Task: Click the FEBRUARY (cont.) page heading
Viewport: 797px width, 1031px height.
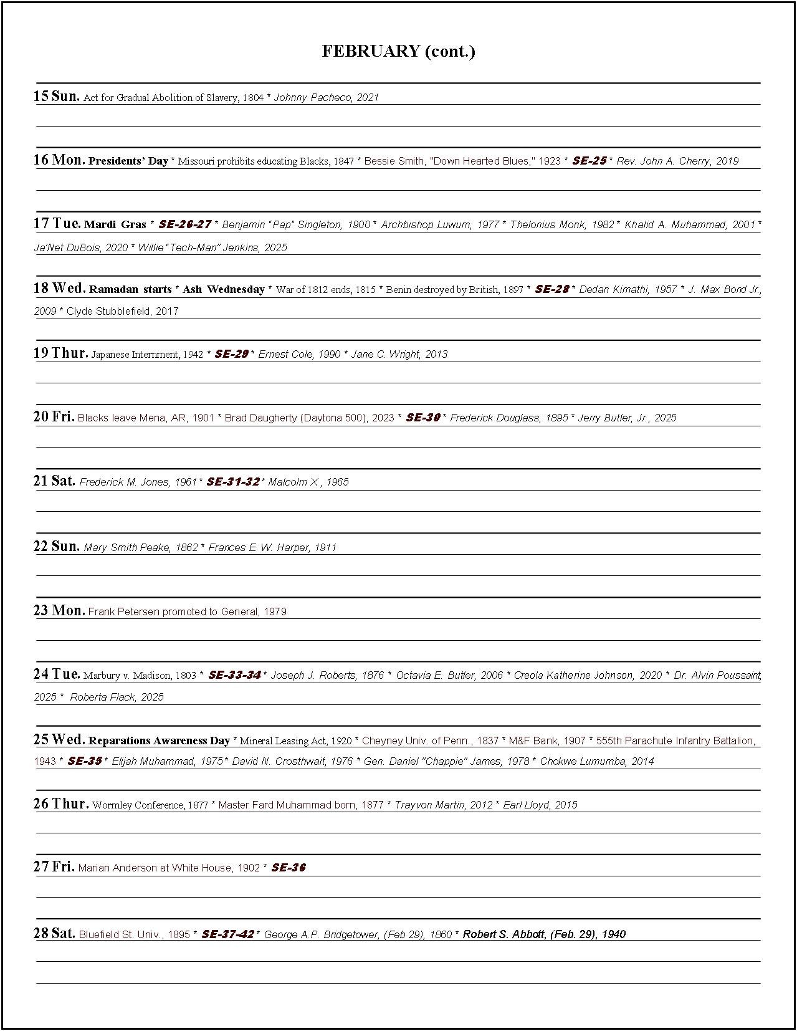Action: [398, 51]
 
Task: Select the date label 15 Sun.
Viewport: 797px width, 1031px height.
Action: [56, 96]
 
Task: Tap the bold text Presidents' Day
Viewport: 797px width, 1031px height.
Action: [128, 161]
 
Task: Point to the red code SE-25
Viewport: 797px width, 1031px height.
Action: [589, 161]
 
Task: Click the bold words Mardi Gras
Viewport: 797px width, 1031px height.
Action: [115, 224]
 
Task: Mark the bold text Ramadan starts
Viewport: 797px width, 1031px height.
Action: [130, 289]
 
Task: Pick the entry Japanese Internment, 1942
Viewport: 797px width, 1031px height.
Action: [147, 354]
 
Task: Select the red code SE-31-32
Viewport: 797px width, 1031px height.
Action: [232, 482]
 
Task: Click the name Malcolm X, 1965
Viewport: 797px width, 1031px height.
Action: [308, 482]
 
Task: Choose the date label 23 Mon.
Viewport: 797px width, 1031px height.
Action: [59, 610]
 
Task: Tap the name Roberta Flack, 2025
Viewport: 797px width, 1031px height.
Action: [117, 697]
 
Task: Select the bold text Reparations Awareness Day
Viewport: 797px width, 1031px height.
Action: [159, 741]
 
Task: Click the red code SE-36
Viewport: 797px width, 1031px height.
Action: [289, 867]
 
